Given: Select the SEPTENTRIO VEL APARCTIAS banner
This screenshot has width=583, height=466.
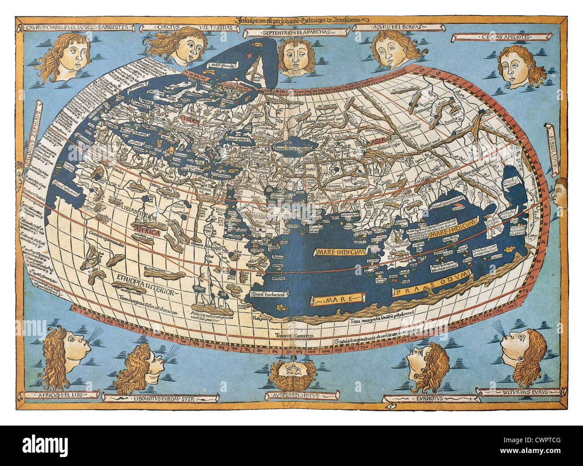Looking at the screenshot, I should point(297,33).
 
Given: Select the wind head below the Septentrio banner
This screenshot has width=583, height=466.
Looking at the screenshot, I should point(296,56).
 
